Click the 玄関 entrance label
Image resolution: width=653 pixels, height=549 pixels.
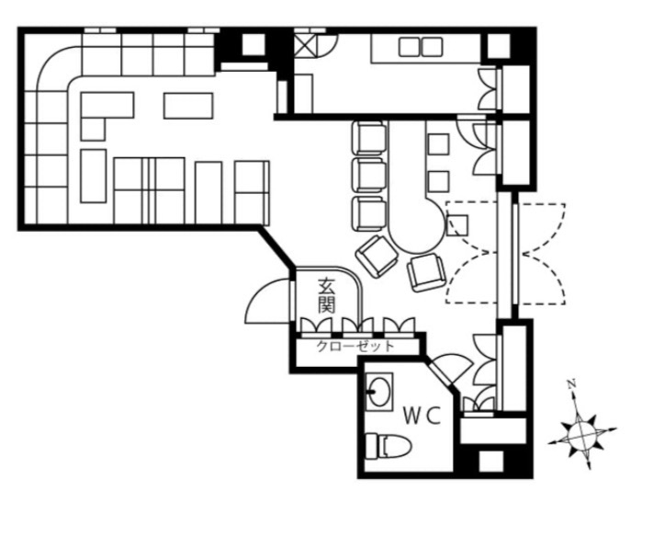[327, 295]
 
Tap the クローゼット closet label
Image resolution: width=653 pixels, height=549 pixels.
[355, 346]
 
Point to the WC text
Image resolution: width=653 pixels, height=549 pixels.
[422, 416]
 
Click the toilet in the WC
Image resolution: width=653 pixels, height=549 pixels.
[388, 446]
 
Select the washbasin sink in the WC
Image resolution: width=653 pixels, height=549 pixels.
[379, 392]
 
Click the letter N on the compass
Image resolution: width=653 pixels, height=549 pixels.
[572, 383]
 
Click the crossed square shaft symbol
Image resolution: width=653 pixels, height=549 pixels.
[306, 45]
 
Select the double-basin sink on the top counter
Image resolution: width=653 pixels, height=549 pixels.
[421, 47]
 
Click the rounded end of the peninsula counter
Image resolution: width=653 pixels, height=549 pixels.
[417, 234]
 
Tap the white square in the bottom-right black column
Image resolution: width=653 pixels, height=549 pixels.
[491, 462]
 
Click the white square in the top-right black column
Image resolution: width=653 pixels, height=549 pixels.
[499, 46]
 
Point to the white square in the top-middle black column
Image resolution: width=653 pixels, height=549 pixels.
[253, 44]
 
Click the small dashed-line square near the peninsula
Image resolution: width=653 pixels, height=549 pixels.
[457, 225]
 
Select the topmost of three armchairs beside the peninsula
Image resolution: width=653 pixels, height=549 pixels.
[369, 138]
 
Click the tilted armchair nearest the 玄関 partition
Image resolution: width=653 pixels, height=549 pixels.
[377, 256]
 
